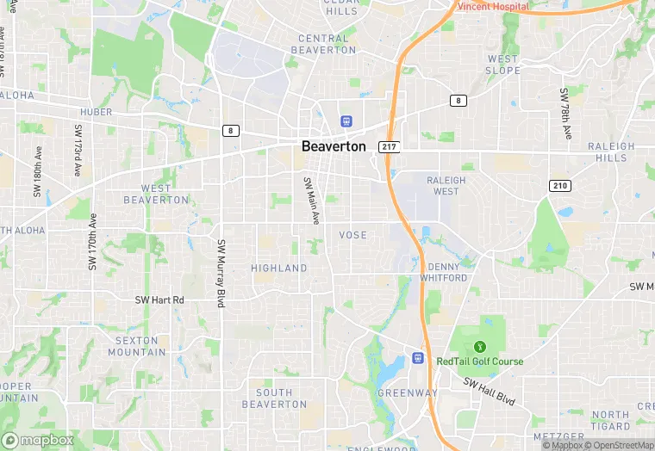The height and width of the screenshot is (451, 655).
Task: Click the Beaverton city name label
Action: point(334,146)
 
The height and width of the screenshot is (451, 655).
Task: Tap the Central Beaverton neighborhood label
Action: point(327,44)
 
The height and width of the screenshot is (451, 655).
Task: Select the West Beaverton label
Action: point(156,194)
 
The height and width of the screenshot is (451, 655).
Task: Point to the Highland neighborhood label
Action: point(279,269)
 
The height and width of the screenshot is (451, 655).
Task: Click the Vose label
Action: point(353,235)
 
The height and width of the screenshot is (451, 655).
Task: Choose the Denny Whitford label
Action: point(444,272)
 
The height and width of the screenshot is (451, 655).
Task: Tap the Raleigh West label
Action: point(446,185)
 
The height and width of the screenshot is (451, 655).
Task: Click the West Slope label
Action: point(502,65)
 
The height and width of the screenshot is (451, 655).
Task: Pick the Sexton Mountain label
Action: point(140,346)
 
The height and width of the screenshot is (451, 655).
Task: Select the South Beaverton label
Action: point(274,398)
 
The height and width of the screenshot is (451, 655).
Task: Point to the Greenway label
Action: point(408,393)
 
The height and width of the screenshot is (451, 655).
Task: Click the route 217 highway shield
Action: point(389,147)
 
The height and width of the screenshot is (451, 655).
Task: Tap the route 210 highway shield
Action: point(560,186)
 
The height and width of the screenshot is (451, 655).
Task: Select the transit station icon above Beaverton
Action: point(346,122)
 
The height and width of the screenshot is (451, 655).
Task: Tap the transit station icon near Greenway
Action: point(418,358)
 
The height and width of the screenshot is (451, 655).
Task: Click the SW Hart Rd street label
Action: point(159,300)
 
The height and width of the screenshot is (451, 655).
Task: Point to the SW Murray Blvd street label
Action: point(221,275)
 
